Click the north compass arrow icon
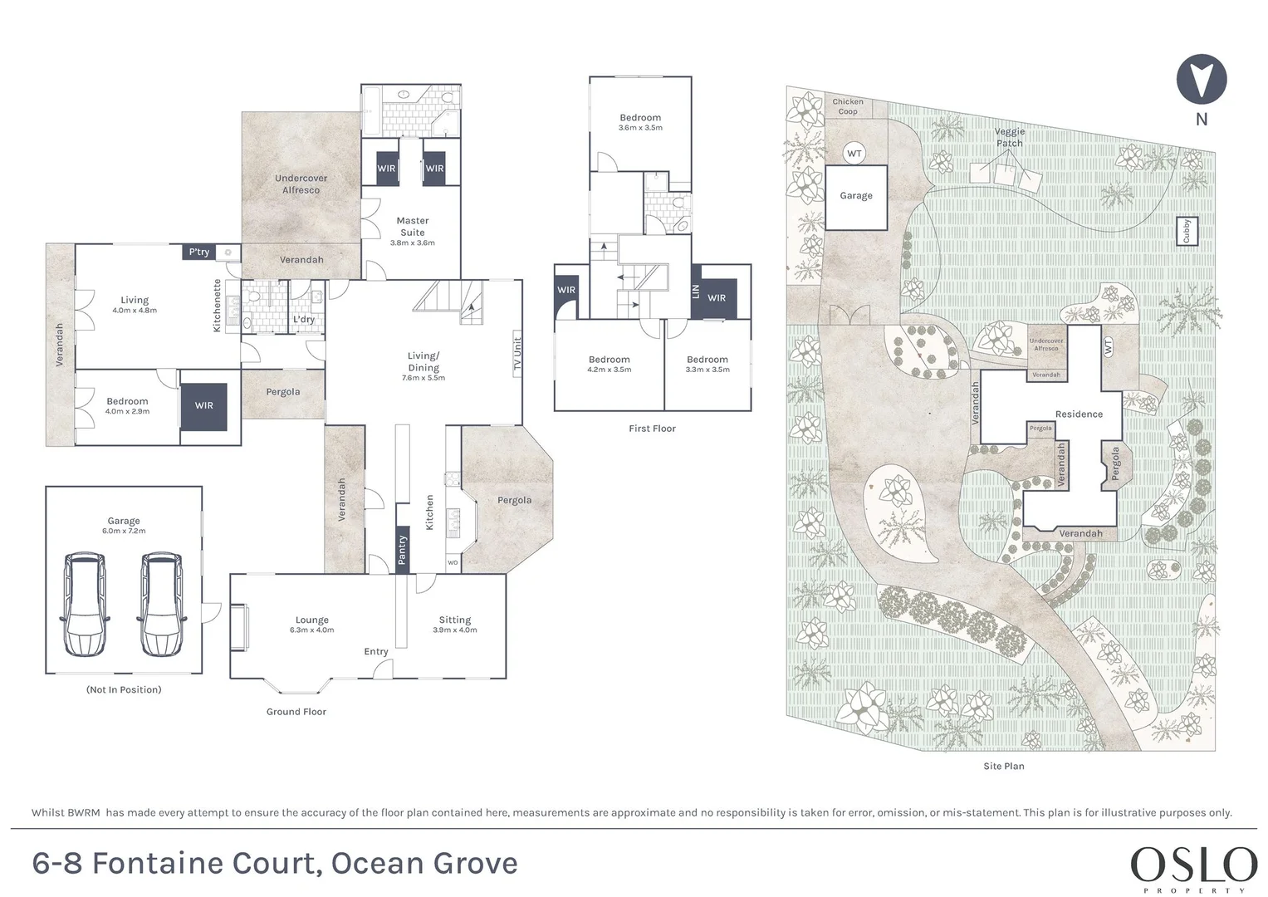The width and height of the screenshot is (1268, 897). tap(1202, 79)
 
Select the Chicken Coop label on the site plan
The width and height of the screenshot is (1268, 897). tap(847, 106)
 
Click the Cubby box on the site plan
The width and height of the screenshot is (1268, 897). tap(1187, 231)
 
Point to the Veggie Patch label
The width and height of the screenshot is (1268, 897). tap(1009, 137)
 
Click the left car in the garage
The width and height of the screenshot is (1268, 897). tap(85, 605)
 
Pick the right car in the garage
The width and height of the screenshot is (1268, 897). tap(161, 605)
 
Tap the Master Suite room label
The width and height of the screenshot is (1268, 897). tap(412, 227)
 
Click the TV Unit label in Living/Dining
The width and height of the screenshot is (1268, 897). tap(517, 354)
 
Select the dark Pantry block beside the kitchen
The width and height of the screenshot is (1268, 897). tap(402, 551)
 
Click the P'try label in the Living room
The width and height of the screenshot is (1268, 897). tap(199, 252)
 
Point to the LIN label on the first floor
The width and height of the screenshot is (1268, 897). tap(696, 292)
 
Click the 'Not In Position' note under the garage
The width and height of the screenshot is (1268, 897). tap(124, 689)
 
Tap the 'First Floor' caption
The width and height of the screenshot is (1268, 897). tap(652, 429)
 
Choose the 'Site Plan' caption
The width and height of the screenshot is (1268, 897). tap(1004, 766)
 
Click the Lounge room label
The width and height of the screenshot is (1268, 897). tap(311, 620)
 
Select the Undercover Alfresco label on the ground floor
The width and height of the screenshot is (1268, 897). tap(301, 184)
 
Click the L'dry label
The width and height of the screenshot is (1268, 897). tap(303, 320)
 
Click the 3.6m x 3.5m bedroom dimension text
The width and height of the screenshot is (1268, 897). tap(640, 128)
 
